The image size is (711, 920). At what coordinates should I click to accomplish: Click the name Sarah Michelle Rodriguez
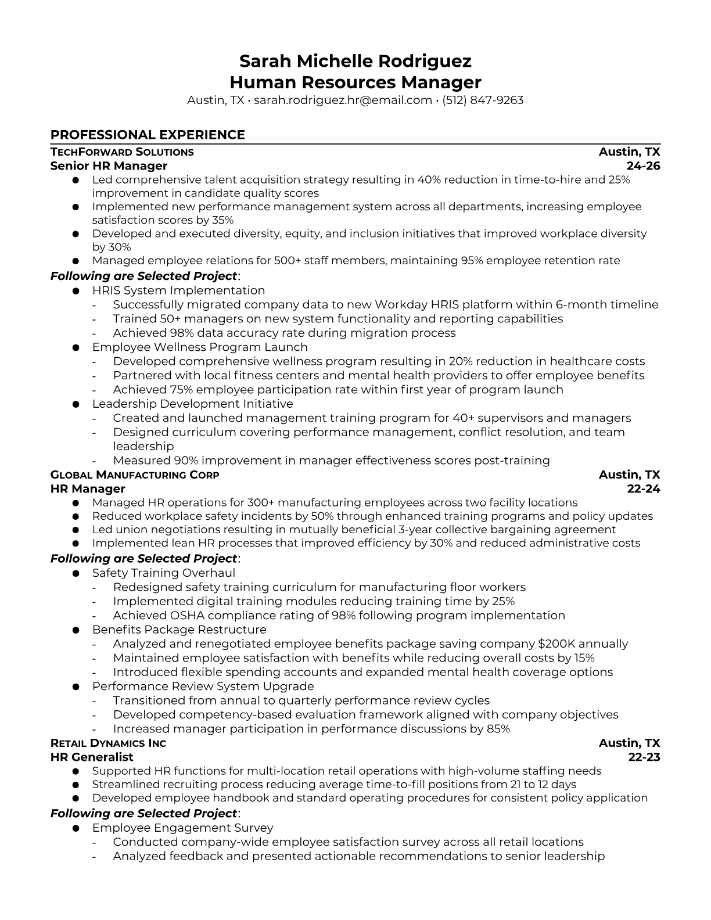[x=355, y=61]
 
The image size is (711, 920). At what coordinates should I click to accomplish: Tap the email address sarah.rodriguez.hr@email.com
[x=343, y=100]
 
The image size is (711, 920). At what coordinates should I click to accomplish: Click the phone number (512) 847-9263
[x=483, y=100]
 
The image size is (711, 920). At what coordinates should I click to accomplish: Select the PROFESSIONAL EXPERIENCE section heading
[x=148, y=135]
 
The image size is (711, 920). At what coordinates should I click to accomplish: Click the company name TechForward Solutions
[x=122, y=152]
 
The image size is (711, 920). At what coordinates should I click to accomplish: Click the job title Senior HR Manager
[x=109, y=166]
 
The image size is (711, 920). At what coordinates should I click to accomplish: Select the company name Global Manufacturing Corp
[x=135, y=475]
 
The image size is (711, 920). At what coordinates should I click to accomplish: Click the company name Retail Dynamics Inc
[x=108, y=743]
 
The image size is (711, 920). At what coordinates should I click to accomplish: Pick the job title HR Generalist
[x=92, y=757]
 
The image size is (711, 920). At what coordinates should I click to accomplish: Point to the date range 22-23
[x=644, y=757]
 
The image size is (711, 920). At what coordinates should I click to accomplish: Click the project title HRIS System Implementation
[x=178, y=290]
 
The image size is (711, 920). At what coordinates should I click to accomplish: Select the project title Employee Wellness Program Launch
[x=200, y=347]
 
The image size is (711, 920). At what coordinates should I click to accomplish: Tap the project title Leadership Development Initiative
[x=192, y=404]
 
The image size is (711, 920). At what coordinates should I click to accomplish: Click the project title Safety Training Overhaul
[x=164, y=573]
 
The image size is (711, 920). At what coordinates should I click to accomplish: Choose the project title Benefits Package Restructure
[x=179, y=630]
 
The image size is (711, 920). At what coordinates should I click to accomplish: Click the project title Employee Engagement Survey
[x=182, y=828]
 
